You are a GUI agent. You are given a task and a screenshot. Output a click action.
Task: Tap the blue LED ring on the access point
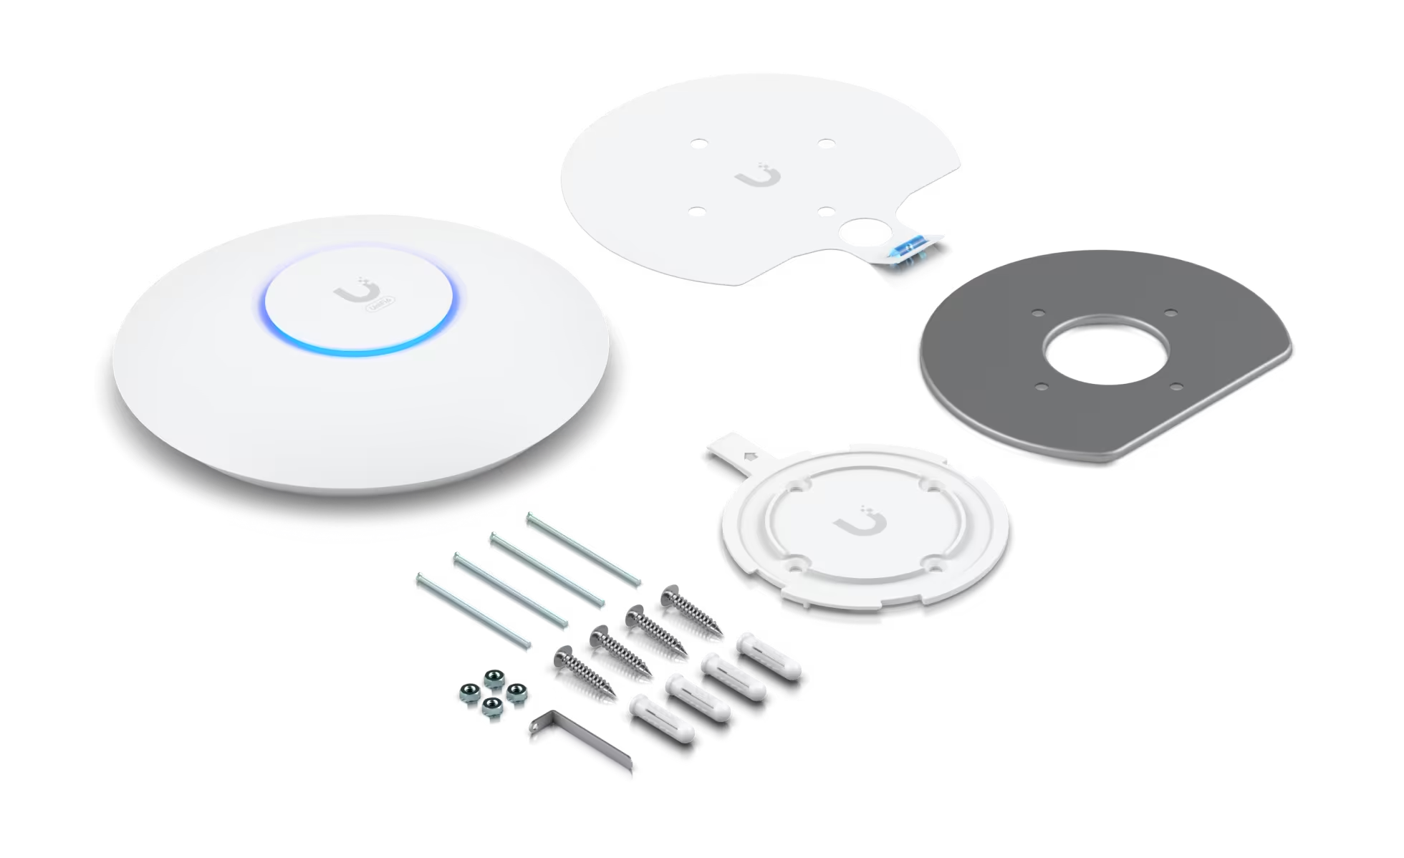tap(358, 352)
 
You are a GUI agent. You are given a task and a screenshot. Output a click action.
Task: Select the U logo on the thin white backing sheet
tap(759, 175)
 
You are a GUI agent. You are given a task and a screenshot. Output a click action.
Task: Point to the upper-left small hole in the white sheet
tap(698, 143)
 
